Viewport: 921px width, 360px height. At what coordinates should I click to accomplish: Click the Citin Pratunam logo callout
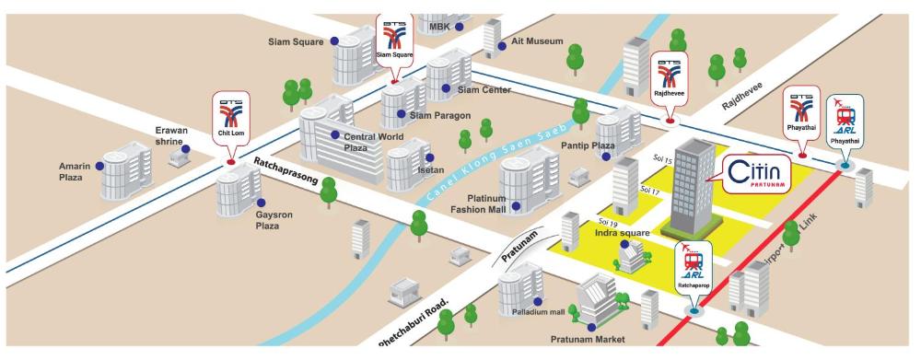755,174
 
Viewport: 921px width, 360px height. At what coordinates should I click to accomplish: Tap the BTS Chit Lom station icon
231,119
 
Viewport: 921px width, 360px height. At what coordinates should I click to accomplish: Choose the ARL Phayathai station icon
845,122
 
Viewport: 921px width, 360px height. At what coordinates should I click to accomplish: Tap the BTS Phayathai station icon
802,113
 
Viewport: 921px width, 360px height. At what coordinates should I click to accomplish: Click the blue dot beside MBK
460,27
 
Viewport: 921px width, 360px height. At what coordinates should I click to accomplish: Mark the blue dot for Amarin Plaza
99,167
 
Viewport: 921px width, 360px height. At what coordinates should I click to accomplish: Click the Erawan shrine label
169,135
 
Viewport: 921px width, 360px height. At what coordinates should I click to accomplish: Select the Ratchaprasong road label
286,171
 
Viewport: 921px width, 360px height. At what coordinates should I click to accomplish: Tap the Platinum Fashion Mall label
478,203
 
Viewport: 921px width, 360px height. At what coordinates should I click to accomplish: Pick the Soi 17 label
650,190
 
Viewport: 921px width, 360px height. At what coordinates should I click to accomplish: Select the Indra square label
623,233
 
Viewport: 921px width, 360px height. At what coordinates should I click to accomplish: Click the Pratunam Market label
588,339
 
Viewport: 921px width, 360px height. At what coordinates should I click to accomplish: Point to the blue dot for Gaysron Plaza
261,203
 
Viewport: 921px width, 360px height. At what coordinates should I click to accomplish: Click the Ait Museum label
538,41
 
